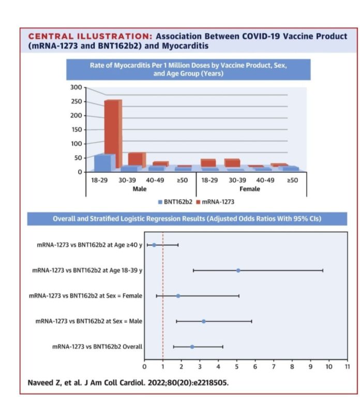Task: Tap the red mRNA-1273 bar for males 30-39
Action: pyautogui.click(x=136, y=159)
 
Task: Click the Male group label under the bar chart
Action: pyautogui.click(x=140, y=189)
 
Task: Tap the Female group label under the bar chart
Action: pyautogui.click(x=249, y=189)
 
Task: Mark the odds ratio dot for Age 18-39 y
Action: pyautogui.click(x=238, y=270)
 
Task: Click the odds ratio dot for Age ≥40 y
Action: pyautogui.click(x=154, y=245)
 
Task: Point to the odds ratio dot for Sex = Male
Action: pyautogui.click(x=203, y=321)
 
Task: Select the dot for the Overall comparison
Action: pyautogui.click(x=192, y=346)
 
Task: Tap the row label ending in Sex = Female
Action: pyautogui.click(x=84, y=296)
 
